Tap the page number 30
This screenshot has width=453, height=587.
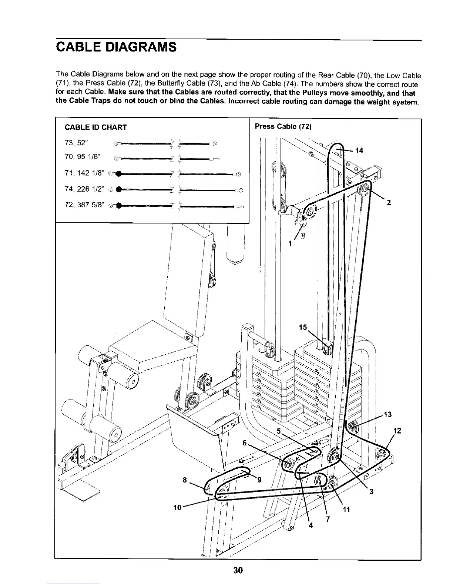pyautogui.click(x=238, y=570)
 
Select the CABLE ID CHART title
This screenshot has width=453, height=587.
pyautogui.click(x=95, y=127)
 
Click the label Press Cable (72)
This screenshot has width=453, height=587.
pyautogui.click(x=283, y=126)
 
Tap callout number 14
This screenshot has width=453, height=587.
pyautogui.click(x=359, y=150)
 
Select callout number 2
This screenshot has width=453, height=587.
pyautogui.click(x=389, y=203)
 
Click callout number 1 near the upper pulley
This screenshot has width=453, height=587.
pyautogui.click(x=291, y=243)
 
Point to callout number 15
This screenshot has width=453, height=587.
pyautogui.click(x=303, y=328)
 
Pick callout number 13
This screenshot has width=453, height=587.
pyautogui.click(x=387, y=414)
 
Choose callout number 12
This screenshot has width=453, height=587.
pyautogui.click(x=397, y=431)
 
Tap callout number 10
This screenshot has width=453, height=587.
pyautogui.click(x=177, y=507)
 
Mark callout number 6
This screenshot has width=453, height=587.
pyautogui.click(x=245, y=442)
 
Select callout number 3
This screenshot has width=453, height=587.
pyautogui.click(x=372, y=492)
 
